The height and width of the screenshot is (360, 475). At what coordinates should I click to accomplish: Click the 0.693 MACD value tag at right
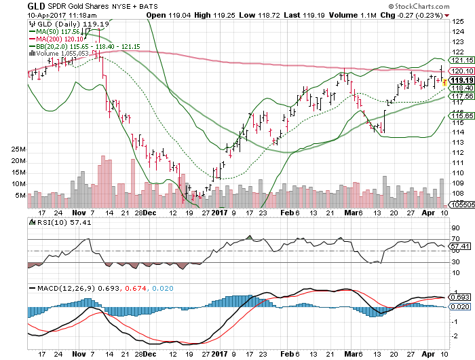pyautogui.click(x=460, y=298)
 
